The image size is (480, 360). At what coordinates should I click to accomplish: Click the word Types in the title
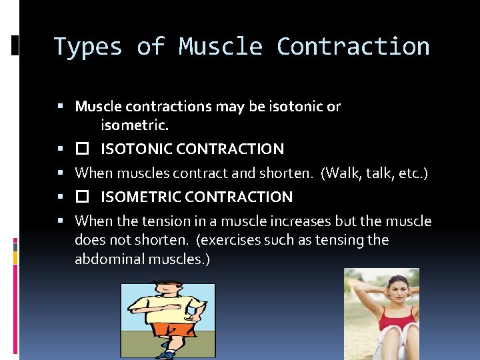88,47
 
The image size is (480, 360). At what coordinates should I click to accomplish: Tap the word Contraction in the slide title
353,47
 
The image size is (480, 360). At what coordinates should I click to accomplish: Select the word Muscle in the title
220,47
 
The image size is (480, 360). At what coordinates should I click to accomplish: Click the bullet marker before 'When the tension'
61,221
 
